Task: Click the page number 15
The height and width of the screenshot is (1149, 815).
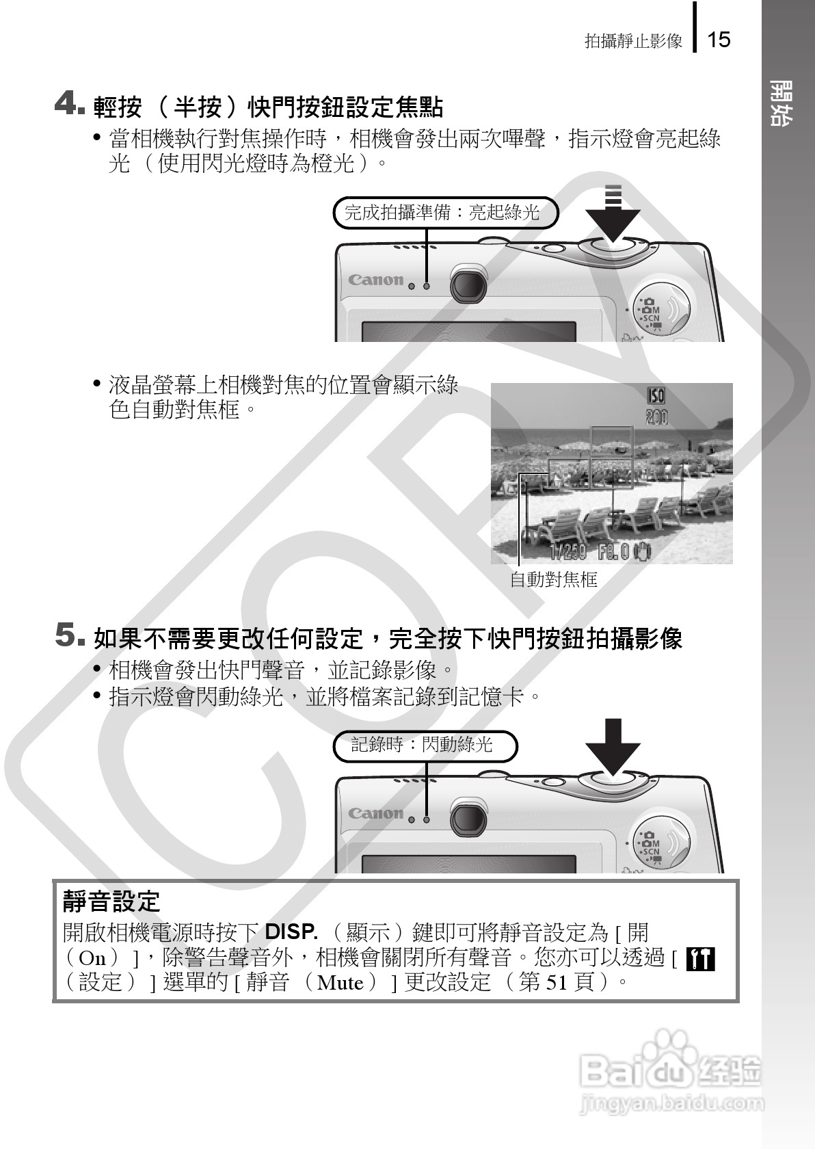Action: tap(719, 40)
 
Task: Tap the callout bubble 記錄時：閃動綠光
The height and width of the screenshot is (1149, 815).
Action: tap(424, 745)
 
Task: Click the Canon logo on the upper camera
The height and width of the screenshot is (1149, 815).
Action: tap(375, 280)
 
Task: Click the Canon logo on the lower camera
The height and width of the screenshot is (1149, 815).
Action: tap(375, 813)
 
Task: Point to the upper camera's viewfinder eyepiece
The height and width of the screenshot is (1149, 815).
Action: tap(468, 284)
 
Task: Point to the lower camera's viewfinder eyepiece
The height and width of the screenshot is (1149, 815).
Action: tap(468, 817)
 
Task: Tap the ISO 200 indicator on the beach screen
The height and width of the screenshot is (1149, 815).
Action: tap(656, 406)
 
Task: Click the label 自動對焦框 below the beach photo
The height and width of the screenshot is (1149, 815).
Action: tap(554, 581)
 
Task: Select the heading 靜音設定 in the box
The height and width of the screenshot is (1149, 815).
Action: tap(111, 901)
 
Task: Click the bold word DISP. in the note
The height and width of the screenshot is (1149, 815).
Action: tap(291, 932)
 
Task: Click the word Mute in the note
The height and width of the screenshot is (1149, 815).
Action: tap(340, 983)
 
